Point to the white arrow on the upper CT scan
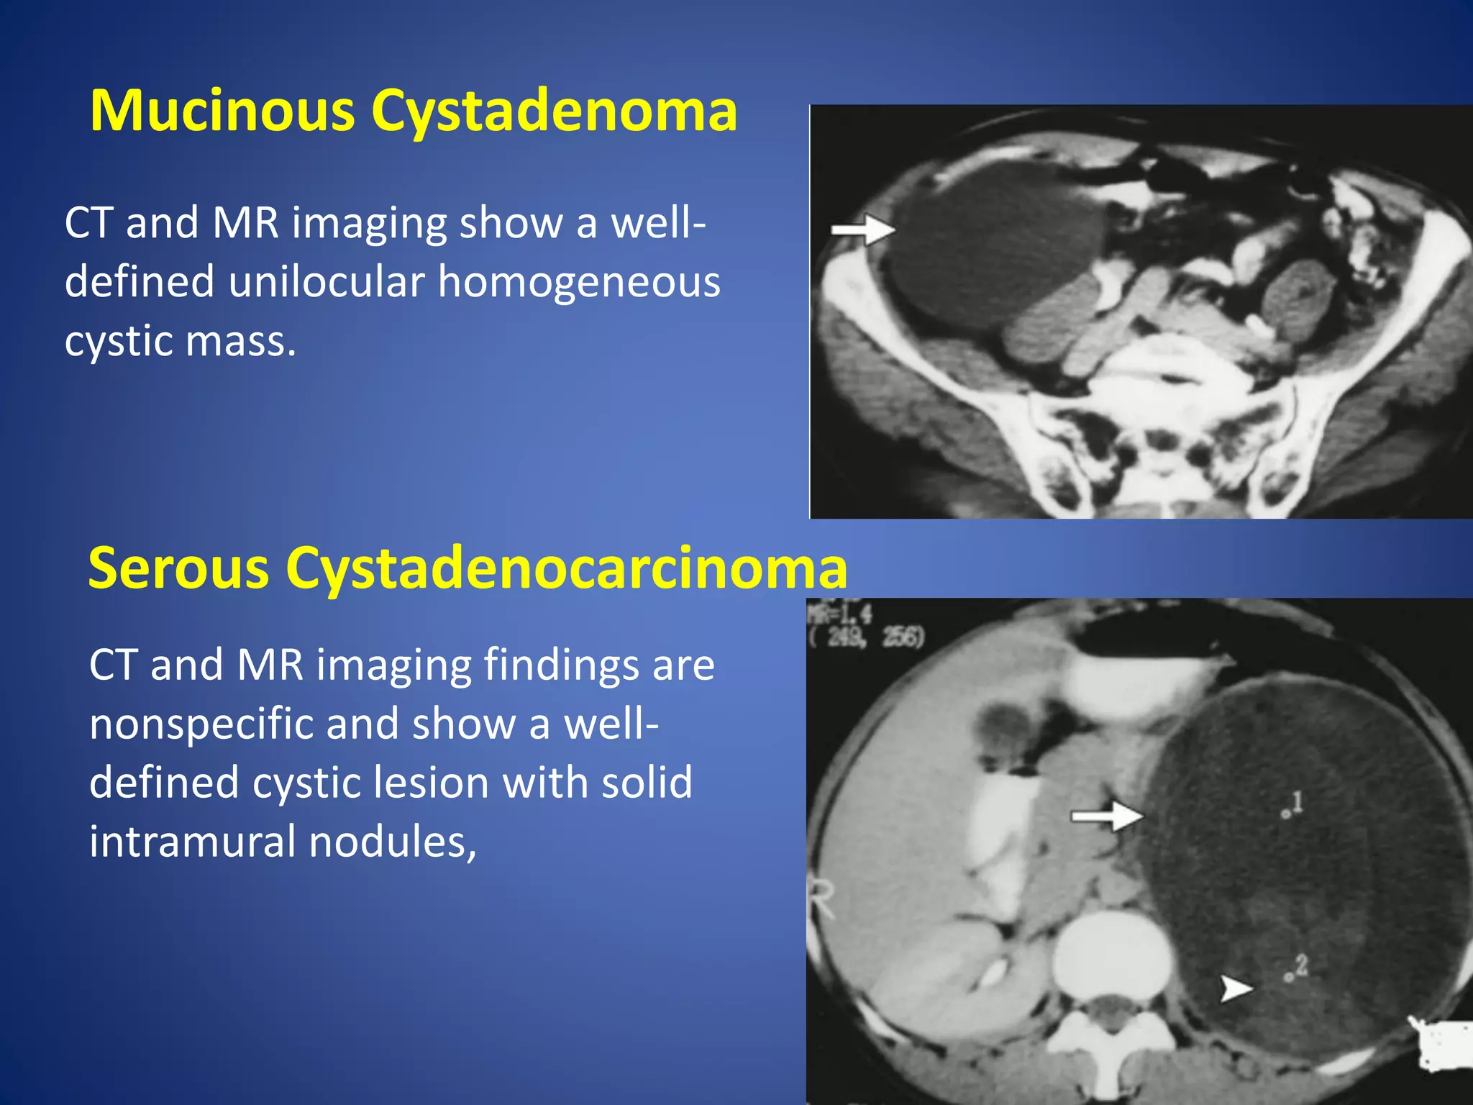pyautogui.click(x=863, y=229)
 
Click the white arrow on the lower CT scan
pyautogui.click(x=1106, y=816)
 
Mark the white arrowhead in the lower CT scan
pyautogui.click(x=1236, y=988)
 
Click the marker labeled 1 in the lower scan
pyautogui.click(x=1285, y=814)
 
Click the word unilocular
pyautogui.click(x=327, y=281)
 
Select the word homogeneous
pyautogui.click(x=579, y=281)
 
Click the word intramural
pyautogui.click(x=192, y=841)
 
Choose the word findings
pyautogui.click(x=561, y=664)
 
